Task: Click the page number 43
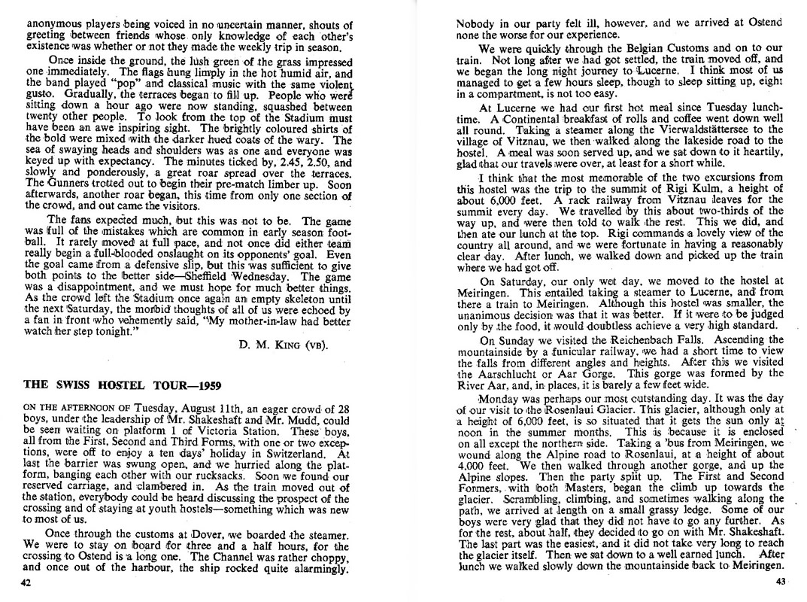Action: [x=779, y=582]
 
